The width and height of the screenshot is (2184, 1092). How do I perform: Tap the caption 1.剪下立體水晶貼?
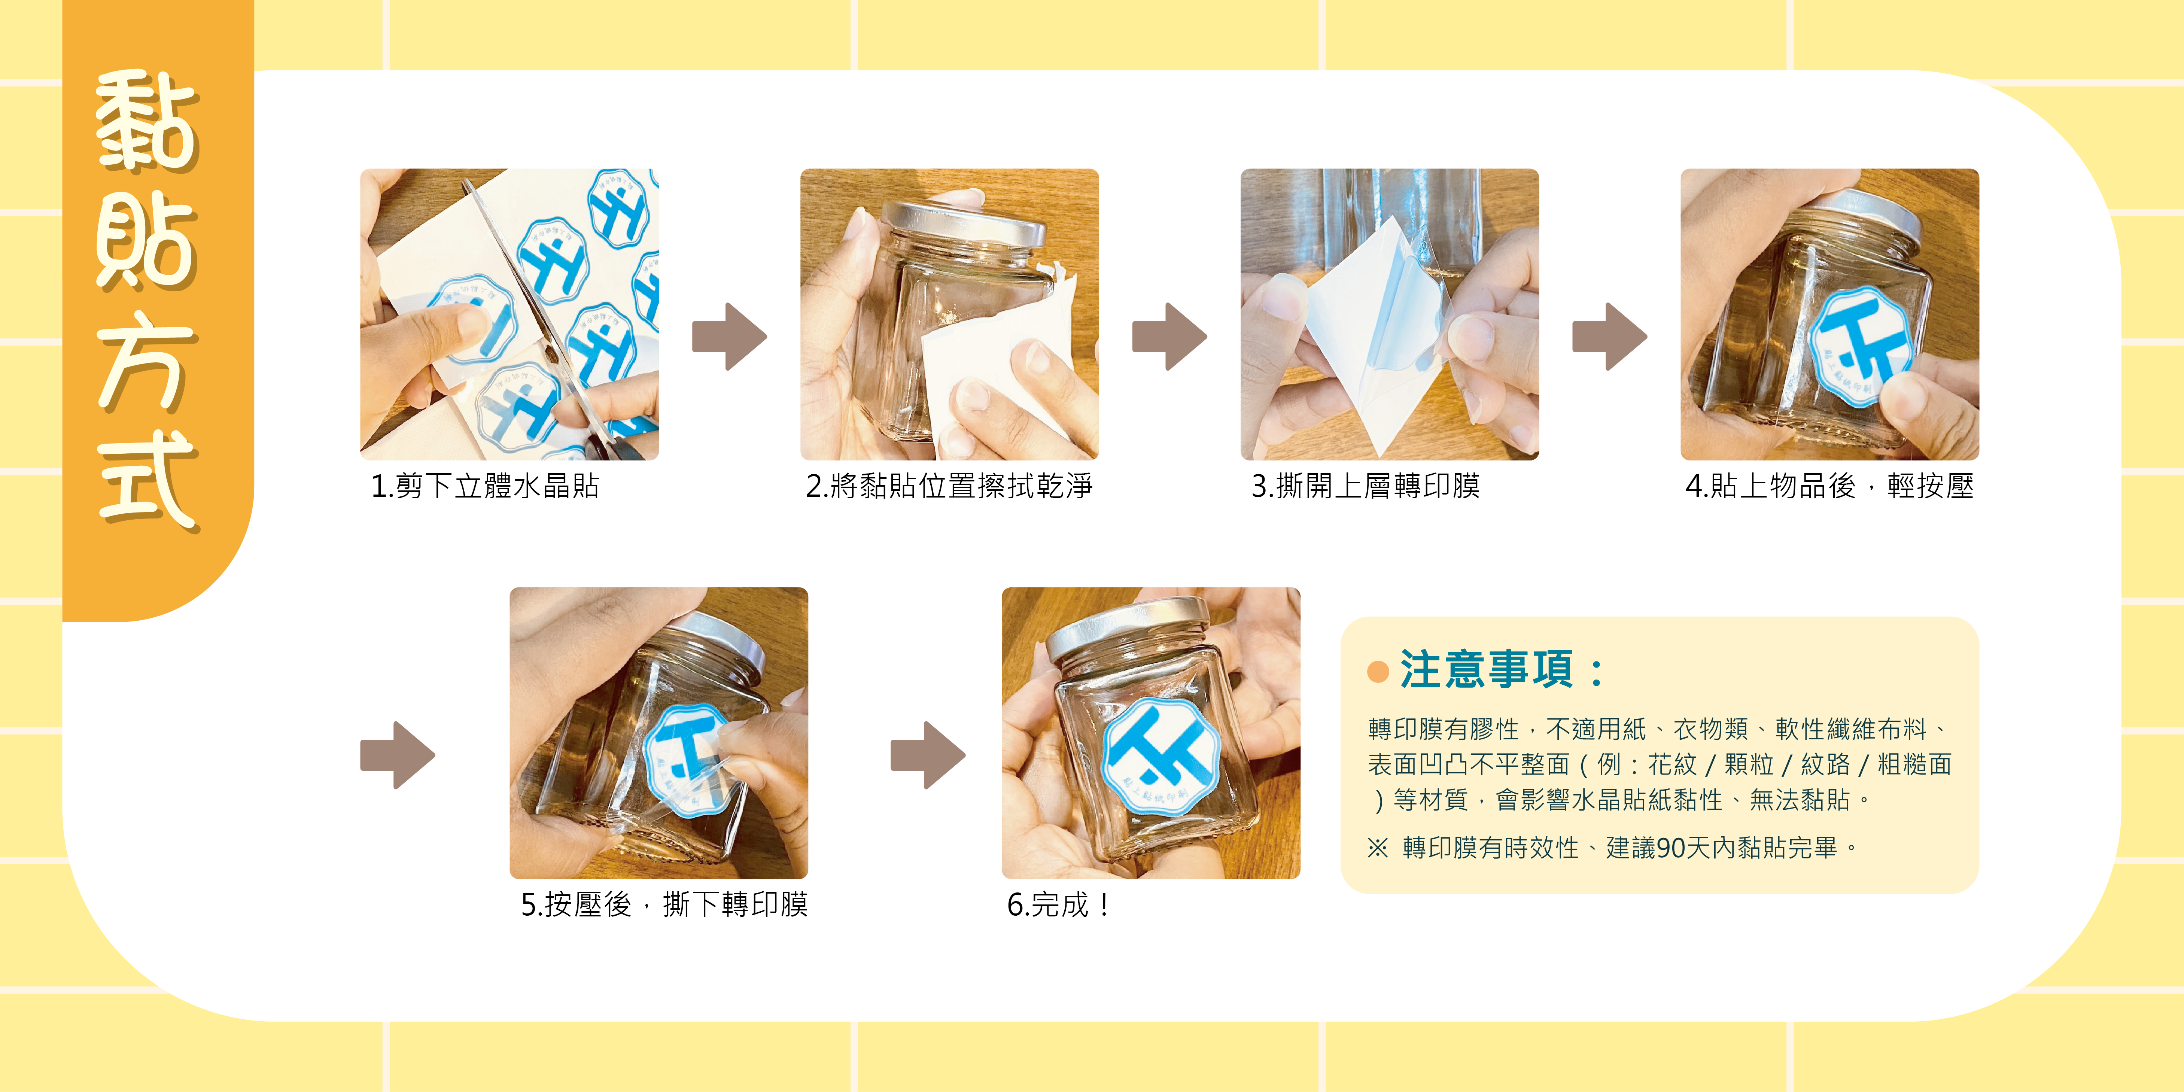coord(485,486)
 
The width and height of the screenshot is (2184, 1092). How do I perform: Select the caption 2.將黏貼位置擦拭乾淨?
coord(949,486)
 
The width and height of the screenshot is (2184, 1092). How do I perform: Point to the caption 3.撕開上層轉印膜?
coord(1365,486)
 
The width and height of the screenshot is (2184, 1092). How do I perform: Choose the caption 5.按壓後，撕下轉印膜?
coord(664,904)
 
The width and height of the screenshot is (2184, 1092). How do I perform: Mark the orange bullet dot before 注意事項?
coord(1378,672)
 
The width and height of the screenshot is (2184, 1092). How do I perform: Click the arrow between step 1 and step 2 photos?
coord(729,337)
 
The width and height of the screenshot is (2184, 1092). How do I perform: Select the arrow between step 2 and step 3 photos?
coord(1169,337)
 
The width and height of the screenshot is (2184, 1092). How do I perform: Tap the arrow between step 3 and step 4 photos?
coord(1609,337)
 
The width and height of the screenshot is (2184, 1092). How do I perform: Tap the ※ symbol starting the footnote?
coord(1378,848)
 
